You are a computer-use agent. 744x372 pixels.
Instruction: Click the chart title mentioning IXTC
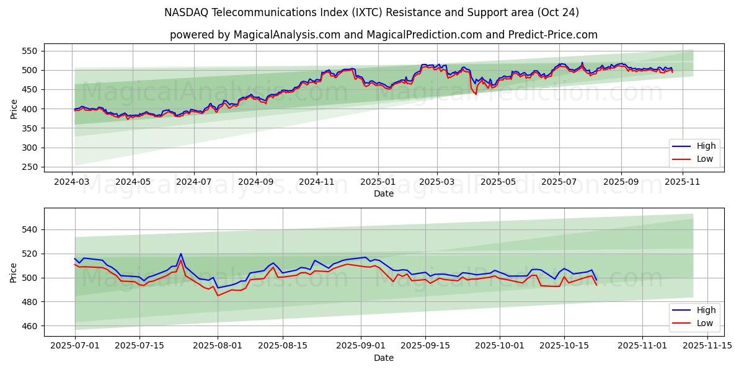point(371,12)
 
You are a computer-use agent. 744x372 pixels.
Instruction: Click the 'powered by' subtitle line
point(384,35)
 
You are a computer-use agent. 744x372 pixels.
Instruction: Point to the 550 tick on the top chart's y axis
point(29,51)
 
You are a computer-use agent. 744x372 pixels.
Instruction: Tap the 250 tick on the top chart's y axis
point(29,167)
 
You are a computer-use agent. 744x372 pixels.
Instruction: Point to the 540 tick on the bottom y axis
point(29,229)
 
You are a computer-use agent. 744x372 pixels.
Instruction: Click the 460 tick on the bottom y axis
point(29,326)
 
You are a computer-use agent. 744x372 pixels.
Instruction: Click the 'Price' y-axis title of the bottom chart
point(14,272)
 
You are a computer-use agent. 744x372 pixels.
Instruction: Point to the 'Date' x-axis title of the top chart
point(384,193)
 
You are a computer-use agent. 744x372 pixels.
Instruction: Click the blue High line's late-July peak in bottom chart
point(180,254)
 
